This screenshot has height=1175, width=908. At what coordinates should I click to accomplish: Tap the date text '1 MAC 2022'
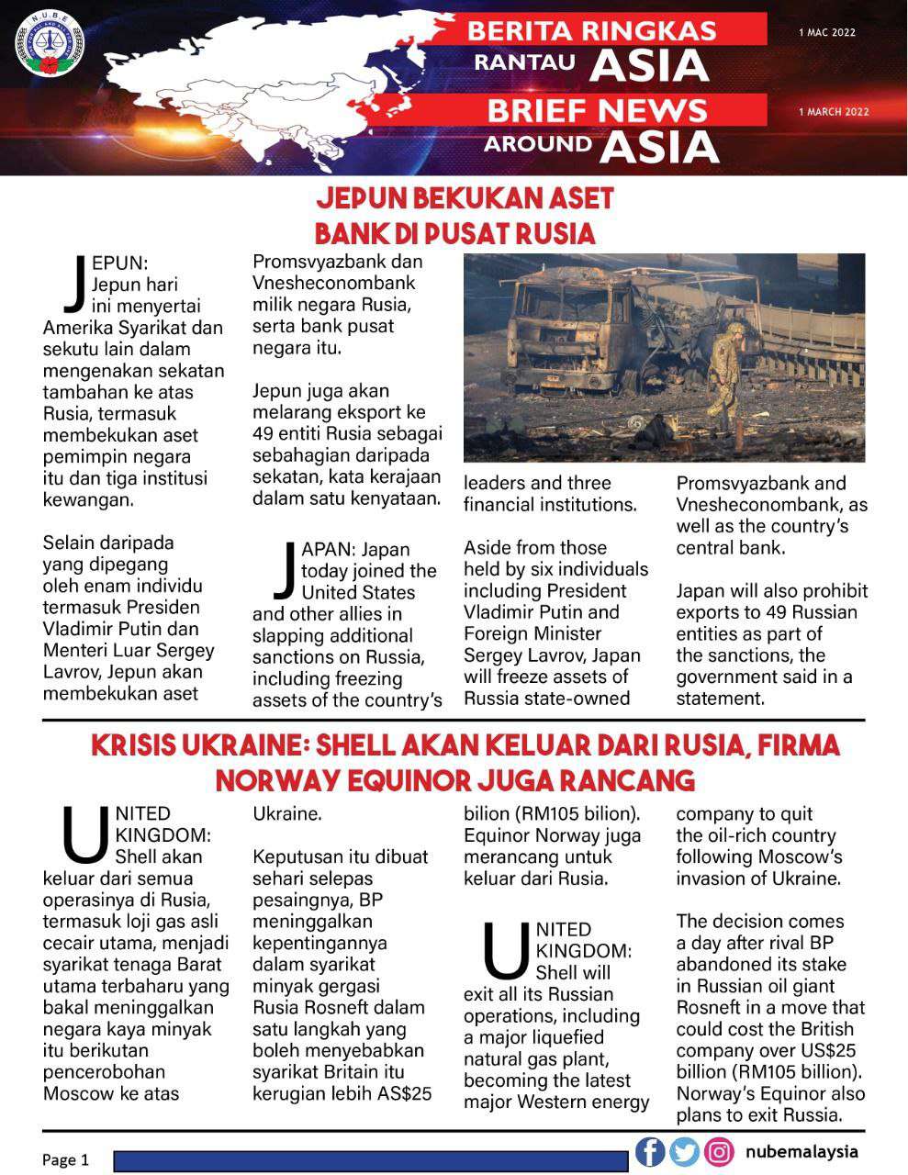click(x=826, y=32)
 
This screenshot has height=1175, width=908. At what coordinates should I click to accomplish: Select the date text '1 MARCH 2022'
click(x=833, y=112)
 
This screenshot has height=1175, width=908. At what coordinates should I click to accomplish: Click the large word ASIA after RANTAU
click(x=649, y=66)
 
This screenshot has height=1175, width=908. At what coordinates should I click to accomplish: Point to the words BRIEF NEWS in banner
click(x=597, y=111)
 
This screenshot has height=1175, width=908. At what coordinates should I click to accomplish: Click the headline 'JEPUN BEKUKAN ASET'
click(x=465, y=199)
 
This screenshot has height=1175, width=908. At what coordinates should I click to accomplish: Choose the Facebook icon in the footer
click(x=650, y=1151)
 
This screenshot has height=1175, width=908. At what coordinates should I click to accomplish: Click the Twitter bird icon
click(x=684, y=1151)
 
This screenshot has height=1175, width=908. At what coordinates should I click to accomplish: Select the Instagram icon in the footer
click(x=720, y=1151)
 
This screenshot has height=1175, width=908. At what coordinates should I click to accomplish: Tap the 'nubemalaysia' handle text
click(x=802, y=1151)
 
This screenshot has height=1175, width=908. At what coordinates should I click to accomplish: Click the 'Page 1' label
click(x=66, y=1160)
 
